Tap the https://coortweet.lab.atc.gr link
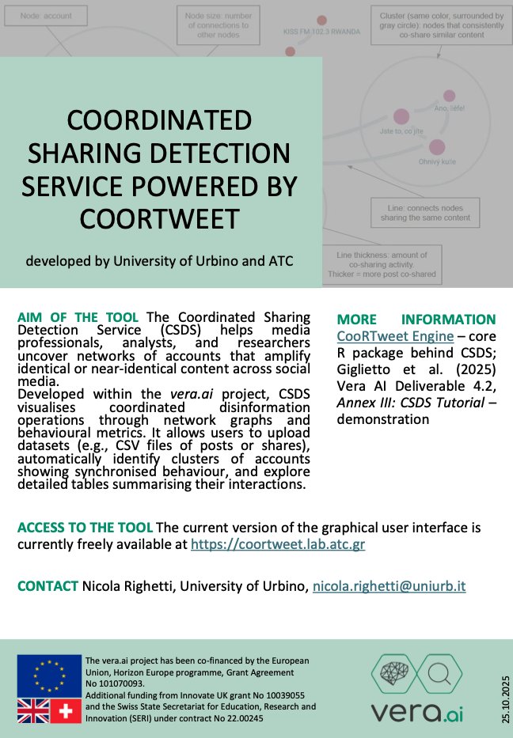[278, 544]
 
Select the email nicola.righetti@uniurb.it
[400, 586]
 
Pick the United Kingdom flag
[33, 710]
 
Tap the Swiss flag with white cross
[66, 710]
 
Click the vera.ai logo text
[417, 710]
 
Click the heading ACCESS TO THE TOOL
[85, 528]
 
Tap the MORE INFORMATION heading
[416, 320]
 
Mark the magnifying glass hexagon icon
[438, 674]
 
